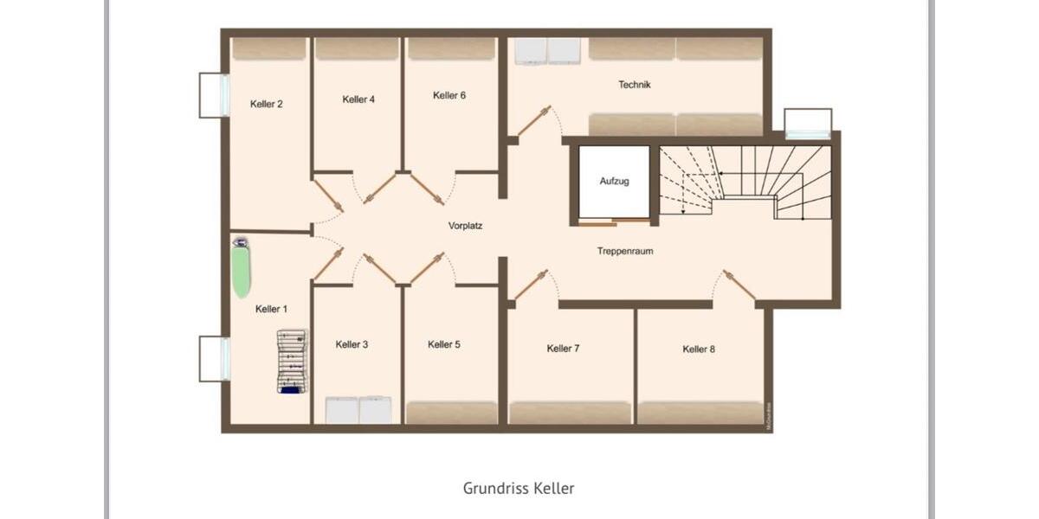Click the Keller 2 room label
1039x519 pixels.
tap(267, 104)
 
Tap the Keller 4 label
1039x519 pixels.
tap(358, 99)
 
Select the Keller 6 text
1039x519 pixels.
tap(449, 95)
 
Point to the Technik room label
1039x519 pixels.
tap(634, 85)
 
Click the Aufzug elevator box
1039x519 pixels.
tap(614, 183)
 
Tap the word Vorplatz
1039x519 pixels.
tap(465, 226)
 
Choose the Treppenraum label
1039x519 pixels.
tap(624, 251)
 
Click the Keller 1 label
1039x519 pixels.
tap(272, 309)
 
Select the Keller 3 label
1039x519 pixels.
tap(352, 344)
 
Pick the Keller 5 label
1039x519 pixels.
tap(444, 344)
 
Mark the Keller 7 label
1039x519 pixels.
tap(563, 349)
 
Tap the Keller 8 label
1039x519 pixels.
tap(699, 349)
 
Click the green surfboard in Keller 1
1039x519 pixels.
tap(241, 272)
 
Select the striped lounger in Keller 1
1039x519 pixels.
tap(292, 361)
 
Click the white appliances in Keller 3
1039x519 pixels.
tap(358, 409)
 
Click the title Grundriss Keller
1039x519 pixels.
tap(519, 488)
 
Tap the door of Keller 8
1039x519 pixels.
tap(739, 285)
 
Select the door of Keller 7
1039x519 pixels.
tap(532, 285)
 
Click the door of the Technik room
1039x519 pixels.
tap(534, 121)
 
